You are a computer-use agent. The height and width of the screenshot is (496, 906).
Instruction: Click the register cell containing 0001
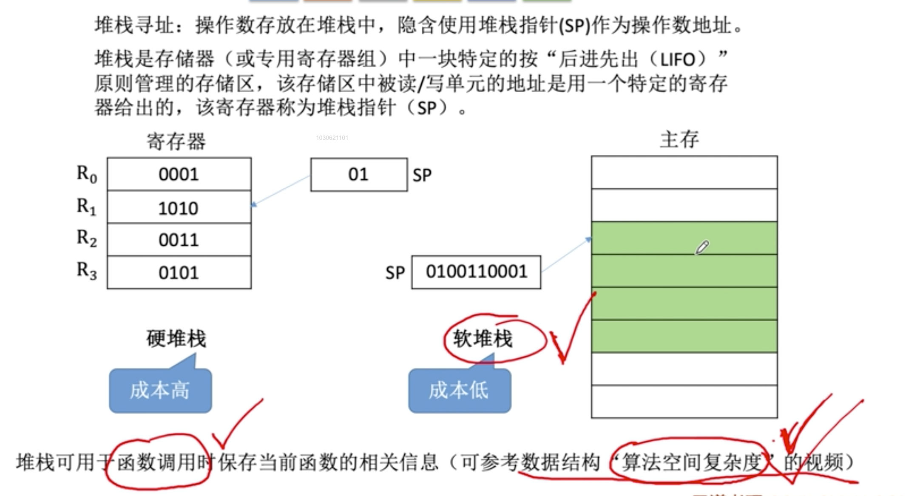click(179, 174)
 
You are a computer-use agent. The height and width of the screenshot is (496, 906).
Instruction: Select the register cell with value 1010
click(179, 207)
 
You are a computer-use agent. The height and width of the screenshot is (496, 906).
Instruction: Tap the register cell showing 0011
click(179, 240)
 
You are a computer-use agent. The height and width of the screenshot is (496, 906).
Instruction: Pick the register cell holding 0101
click(179, 272)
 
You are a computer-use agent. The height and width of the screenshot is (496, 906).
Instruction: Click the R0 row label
click(87, 174)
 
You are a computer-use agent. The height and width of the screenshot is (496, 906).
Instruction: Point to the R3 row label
click(87, 270)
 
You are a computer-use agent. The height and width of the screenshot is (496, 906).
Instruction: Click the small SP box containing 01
click(359, 175)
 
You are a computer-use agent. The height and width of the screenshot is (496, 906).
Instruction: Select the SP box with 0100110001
click(476, 272)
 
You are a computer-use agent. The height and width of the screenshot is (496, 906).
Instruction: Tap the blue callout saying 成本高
click(160, 390)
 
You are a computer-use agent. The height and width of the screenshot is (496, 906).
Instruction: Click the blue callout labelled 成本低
click(459, 390)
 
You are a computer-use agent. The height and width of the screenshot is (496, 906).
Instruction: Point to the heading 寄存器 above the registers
click(176, 141)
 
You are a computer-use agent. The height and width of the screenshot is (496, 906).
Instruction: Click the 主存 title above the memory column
click(679, 139)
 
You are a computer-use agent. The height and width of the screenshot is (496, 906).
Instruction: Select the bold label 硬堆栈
click(176, 339)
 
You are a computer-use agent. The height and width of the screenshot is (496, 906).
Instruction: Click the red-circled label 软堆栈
click(483, 339)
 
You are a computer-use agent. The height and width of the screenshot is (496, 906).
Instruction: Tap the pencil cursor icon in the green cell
click(702, 247)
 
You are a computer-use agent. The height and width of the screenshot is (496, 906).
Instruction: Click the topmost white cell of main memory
click(684, 173)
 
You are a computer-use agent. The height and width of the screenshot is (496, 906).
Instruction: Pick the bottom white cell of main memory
click(684, 402)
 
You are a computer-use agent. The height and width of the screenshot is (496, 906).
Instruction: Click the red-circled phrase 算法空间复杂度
click(691, 462)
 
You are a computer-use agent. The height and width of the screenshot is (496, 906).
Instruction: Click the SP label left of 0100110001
click(395, 273)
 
